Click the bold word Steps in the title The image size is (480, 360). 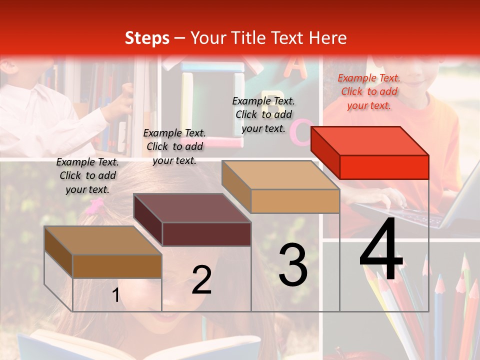(147, 38)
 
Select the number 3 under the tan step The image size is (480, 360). (293, 265)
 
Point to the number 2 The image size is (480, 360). (201, 280)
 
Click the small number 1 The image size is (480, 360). (115, 295)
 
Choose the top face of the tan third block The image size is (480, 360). (280, 175)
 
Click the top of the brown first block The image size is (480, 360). (103, 240)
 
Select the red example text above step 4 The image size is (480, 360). (369, 91)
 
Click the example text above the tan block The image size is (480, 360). (263, 114)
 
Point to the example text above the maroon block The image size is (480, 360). (174, 146)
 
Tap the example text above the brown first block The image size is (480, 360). (87, 175)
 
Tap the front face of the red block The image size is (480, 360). (384, 167)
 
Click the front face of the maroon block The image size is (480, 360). (206, 234)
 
